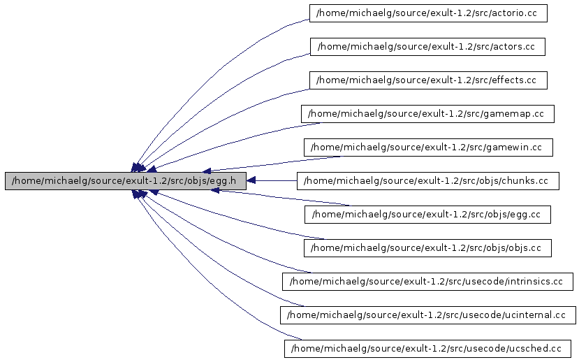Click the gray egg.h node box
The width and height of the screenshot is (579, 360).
[126, 181]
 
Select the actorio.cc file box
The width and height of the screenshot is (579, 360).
[428, 13]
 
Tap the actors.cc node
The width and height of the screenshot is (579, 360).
[427, 47]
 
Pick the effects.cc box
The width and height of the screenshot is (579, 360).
[427, 80]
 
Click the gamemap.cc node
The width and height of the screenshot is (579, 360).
[427, 114]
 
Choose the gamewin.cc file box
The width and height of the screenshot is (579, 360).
[428, 147]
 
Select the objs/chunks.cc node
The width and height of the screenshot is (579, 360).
[427, 181]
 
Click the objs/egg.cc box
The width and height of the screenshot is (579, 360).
[427, 215]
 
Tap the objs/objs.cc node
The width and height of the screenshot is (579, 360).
[427, 248]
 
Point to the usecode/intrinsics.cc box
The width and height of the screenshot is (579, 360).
[427, 282]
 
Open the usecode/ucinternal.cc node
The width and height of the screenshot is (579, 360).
[427, 315]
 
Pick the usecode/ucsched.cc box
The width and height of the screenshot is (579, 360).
[427, 348]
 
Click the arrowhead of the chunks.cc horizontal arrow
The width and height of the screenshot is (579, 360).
[251, 181]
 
